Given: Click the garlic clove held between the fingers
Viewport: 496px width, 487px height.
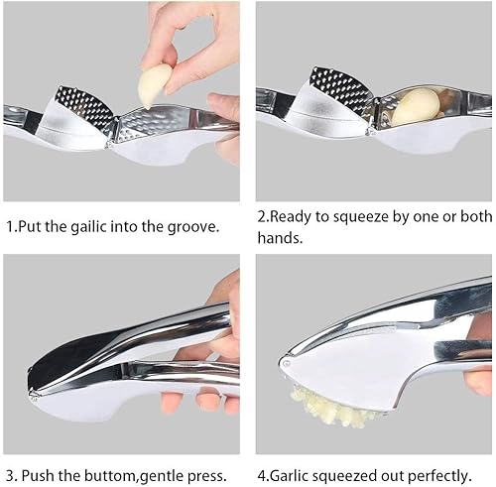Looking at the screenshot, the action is pos(155,86).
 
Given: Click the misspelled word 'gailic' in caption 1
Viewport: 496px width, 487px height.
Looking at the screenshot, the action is pos(88,226).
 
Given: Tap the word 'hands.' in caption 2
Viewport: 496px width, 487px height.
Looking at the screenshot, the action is pos(280,238).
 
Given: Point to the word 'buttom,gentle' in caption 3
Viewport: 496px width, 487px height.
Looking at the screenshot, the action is pos(134,476).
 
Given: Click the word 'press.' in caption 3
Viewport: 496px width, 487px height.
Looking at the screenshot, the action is pos(206,477).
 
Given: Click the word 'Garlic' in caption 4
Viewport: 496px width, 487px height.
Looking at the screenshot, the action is pos(289,476).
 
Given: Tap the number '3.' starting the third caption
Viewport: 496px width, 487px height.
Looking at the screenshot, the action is pos(11,476).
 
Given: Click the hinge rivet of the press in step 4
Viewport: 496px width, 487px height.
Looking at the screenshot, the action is pos(286,363).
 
